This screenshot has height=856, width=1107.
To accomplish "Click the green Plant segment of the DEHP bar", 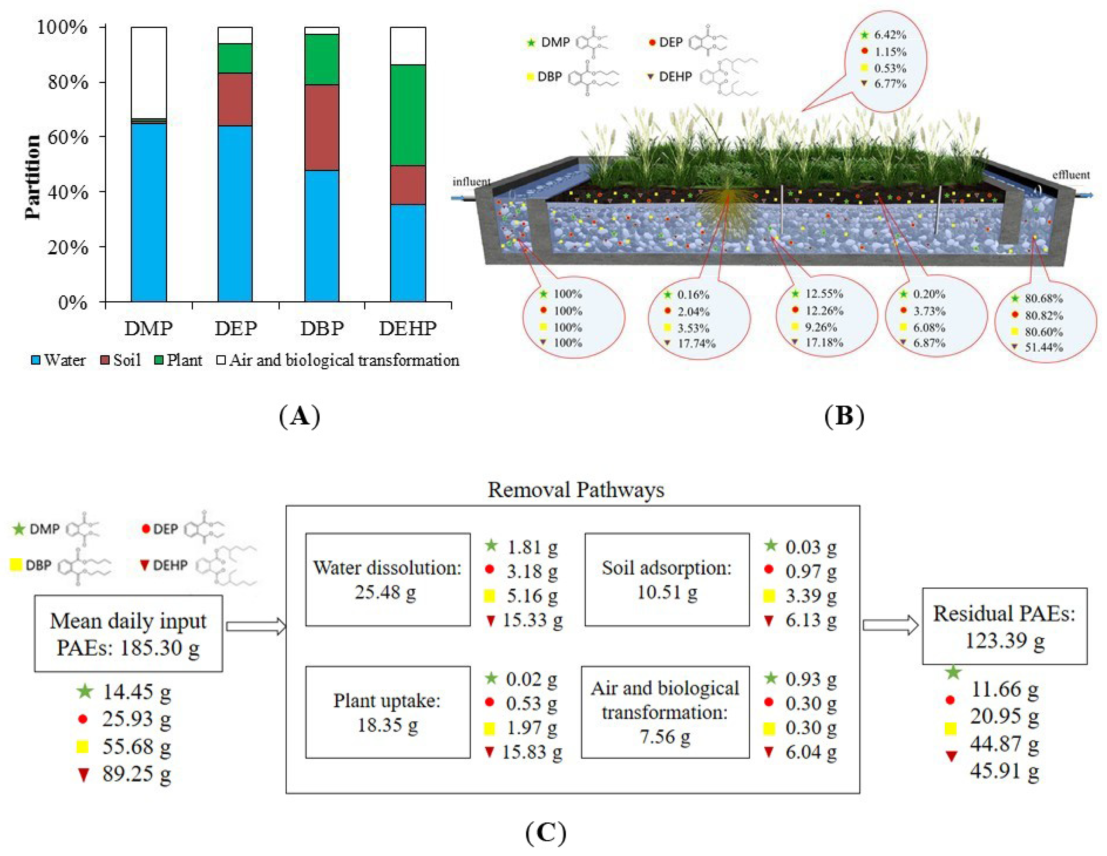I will pyautogui.click(x=408, y=115).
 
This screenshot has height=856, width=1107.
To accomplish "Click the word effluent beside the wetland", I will pyautogui.click(x=1070, y=175).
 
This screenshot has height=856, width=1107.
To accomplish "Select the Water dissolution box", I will pyautogui.click(x=388, y=579).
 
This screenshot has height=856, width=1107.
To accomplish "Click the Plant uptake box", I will pyautogui.click(x=388, y=712).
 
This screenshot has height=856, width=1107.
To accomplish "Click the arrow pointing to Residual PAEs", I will pyautogui.click(x=891, y=625).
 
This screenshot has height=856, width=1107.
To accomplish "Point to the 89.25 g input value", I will pyautogui.click(x=136, y=774).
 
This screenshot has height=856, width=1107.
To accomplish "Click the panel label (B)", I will pyautogui.click(x=844, y=416).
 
